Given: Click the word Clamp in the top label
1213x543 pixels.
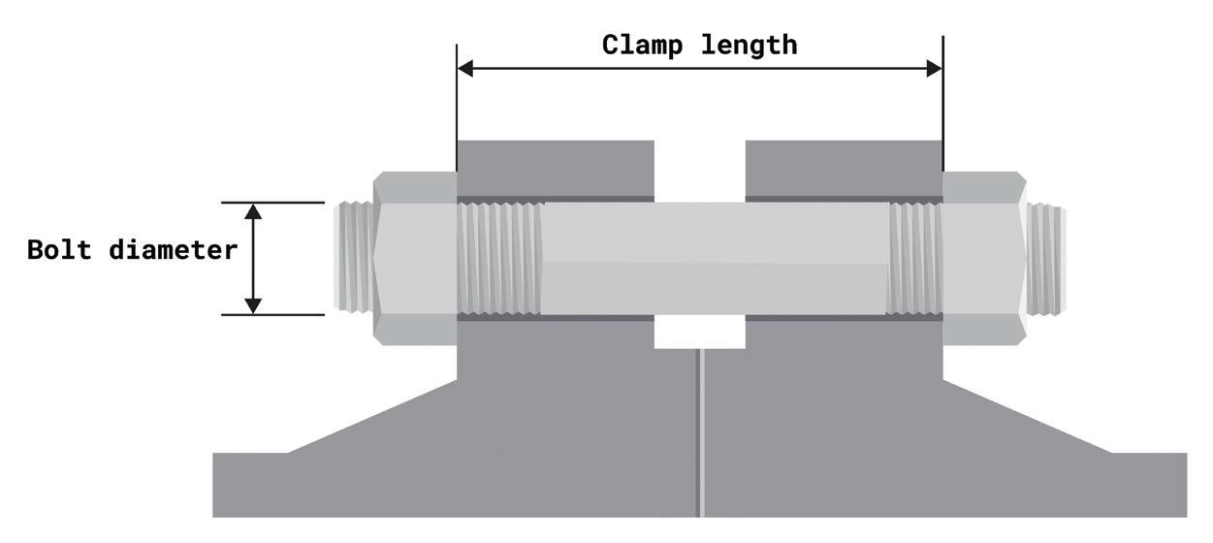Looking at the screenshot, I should coord(640,45).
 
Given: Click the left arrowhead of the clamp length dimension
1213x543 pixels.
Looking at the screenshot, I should coord(465,68).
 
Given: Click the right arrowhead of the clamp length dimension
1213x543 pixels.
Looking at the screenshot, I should coord(934,68).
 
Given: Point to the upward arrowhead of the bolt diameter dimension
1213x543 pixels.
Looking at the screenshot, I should coord(253,211).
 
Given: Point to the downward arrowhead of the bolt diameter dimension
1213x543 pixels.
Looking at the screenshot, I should coord(253,305).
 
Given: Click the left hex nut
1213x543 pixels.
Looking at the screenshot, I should coord(415,258).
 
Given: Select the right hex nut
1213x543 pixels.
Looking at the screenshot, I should coord(983,258).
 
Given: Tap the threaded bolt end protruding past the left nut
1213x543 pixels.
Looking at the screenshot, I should coord(354,258).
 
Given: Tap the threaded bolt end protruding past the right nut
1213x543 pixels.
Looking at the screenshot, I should coord(1045,258).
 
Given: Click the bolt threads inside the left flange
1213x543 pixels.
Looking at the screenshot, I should coord(499,258).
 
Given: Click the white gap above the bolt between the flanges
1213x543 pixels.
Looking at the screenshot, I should coord(699,171).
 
